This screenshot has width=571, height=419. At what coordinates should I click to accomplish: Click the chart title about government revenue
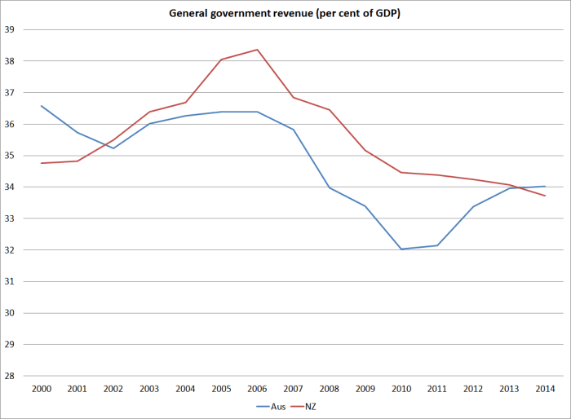click(x=285, y=14)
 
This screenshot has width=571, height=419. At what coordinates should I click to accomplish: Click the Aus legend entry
click(x=272, y=405)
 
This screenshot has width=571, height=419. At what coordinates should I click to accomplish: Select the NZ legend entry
click(x=309, y=405)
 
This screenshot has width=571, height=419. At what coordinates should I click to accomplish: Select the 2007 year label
click(x=293, y=389)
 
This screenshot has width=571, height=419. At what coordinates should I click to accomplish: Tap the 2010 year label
click(x=401, y=389)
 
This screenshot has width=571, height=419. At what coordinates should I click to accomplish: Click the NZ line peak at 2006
click(x=257, y=50)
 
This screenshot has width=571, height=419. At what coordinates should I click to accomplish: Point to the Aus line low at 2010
click(x=401, y=249)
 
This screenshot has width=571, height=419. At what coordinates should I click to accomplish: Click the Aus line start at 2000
click(x=41, y=106)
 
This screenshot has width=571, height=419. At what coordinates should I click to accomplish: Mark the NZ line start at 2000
click(x=41, y=163)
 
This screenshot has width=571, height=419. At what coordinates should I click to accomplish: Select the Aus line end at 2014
click(x=545, y=186)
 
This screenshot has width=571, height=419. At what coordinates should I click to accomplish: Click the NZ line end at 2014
click(x=545, y=196)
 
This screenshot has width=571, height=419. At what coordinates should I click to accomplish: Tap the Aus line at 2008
click(x=329, y=187)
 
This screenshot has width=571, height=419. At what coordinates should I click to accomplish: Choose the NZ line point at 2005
click(x=221, y=60)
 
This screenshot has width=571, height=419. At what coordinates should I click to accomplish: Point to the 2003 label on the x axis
click(x=149, y=389)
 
